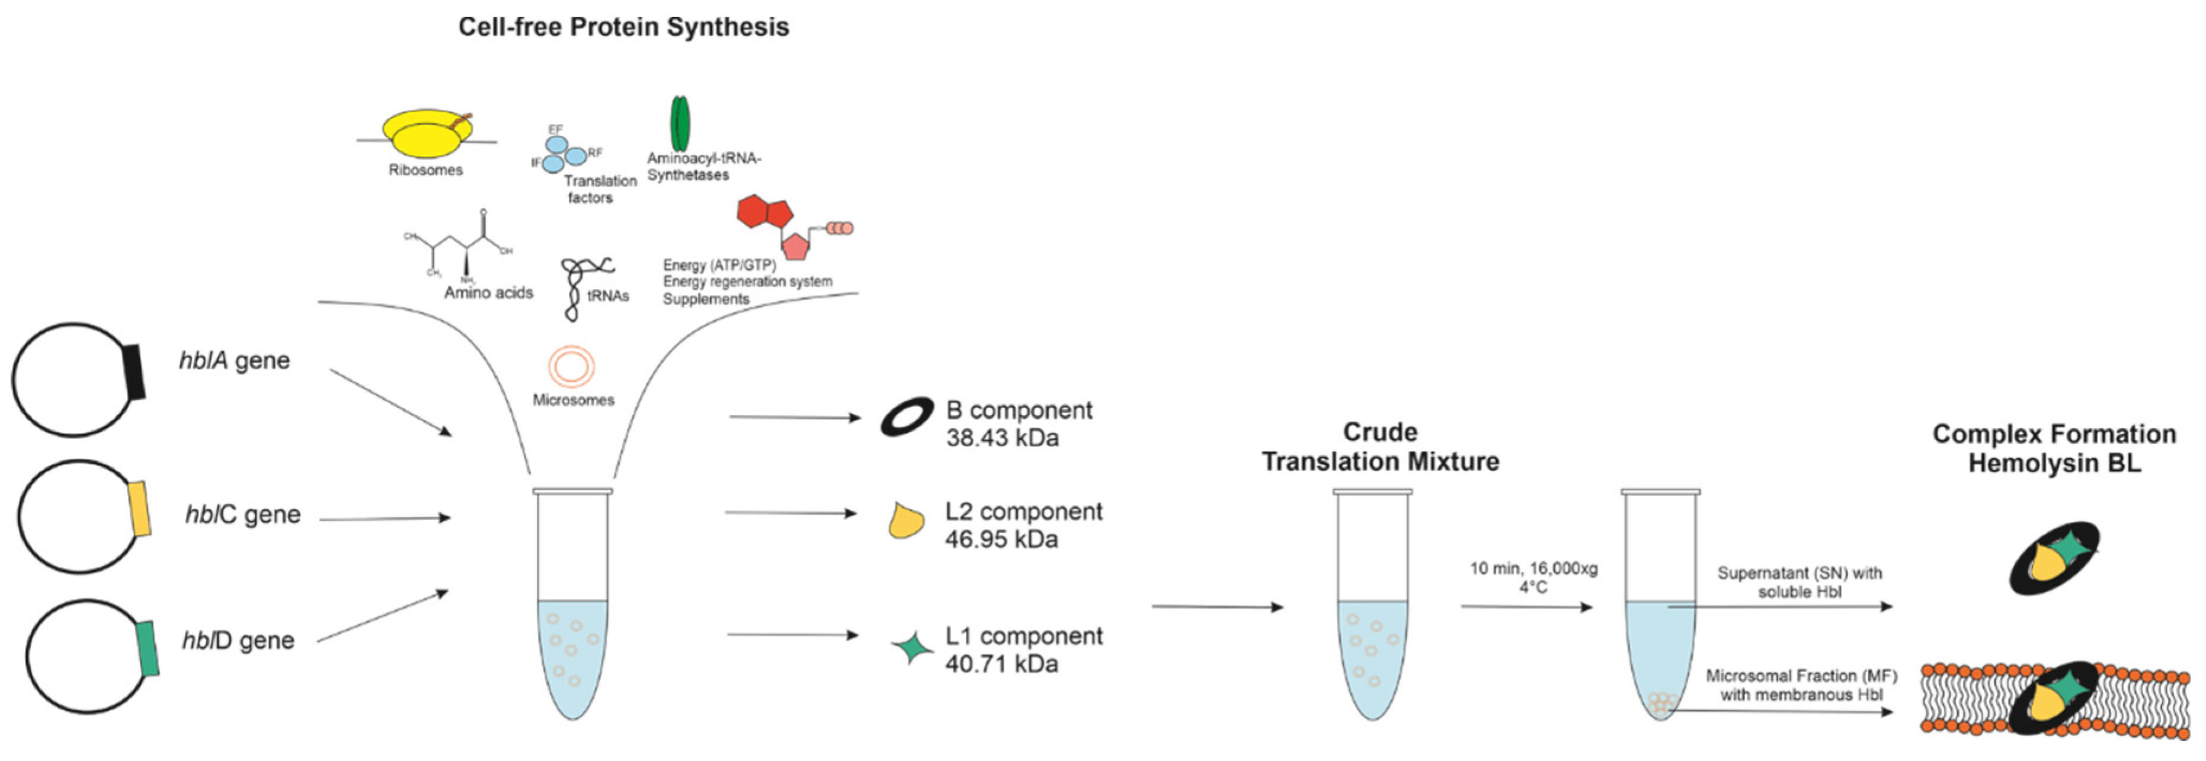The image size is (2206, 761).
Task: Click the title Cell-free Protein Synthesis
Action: tap(623, 27)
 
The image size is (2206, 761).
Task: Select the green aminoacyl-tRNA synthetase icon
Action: tap(679, 123)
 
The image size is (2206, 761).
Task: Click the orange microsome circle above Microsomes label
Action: tap(571, 367)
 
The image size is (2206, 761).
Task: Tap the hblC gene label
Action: tap(243, 514)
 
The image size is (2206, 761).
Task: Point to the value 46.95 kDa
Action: tap(1001, 539)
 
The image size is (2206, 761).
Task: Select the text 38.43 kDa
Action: tap(1002, 438)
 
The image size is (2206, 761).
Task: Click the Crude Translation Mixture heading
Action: tap(1379, 447)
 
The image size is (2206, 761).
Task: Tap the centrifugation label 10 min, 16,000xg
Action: tap(1533, 568)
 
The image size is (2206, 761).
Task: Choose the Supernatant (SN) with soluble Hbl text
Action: tap(1799, 582)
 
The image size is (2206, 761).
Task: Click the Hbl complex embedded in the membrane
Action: tap(2054, 698)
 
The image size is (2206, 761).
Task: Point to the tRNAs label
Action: tap(608, 295)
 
